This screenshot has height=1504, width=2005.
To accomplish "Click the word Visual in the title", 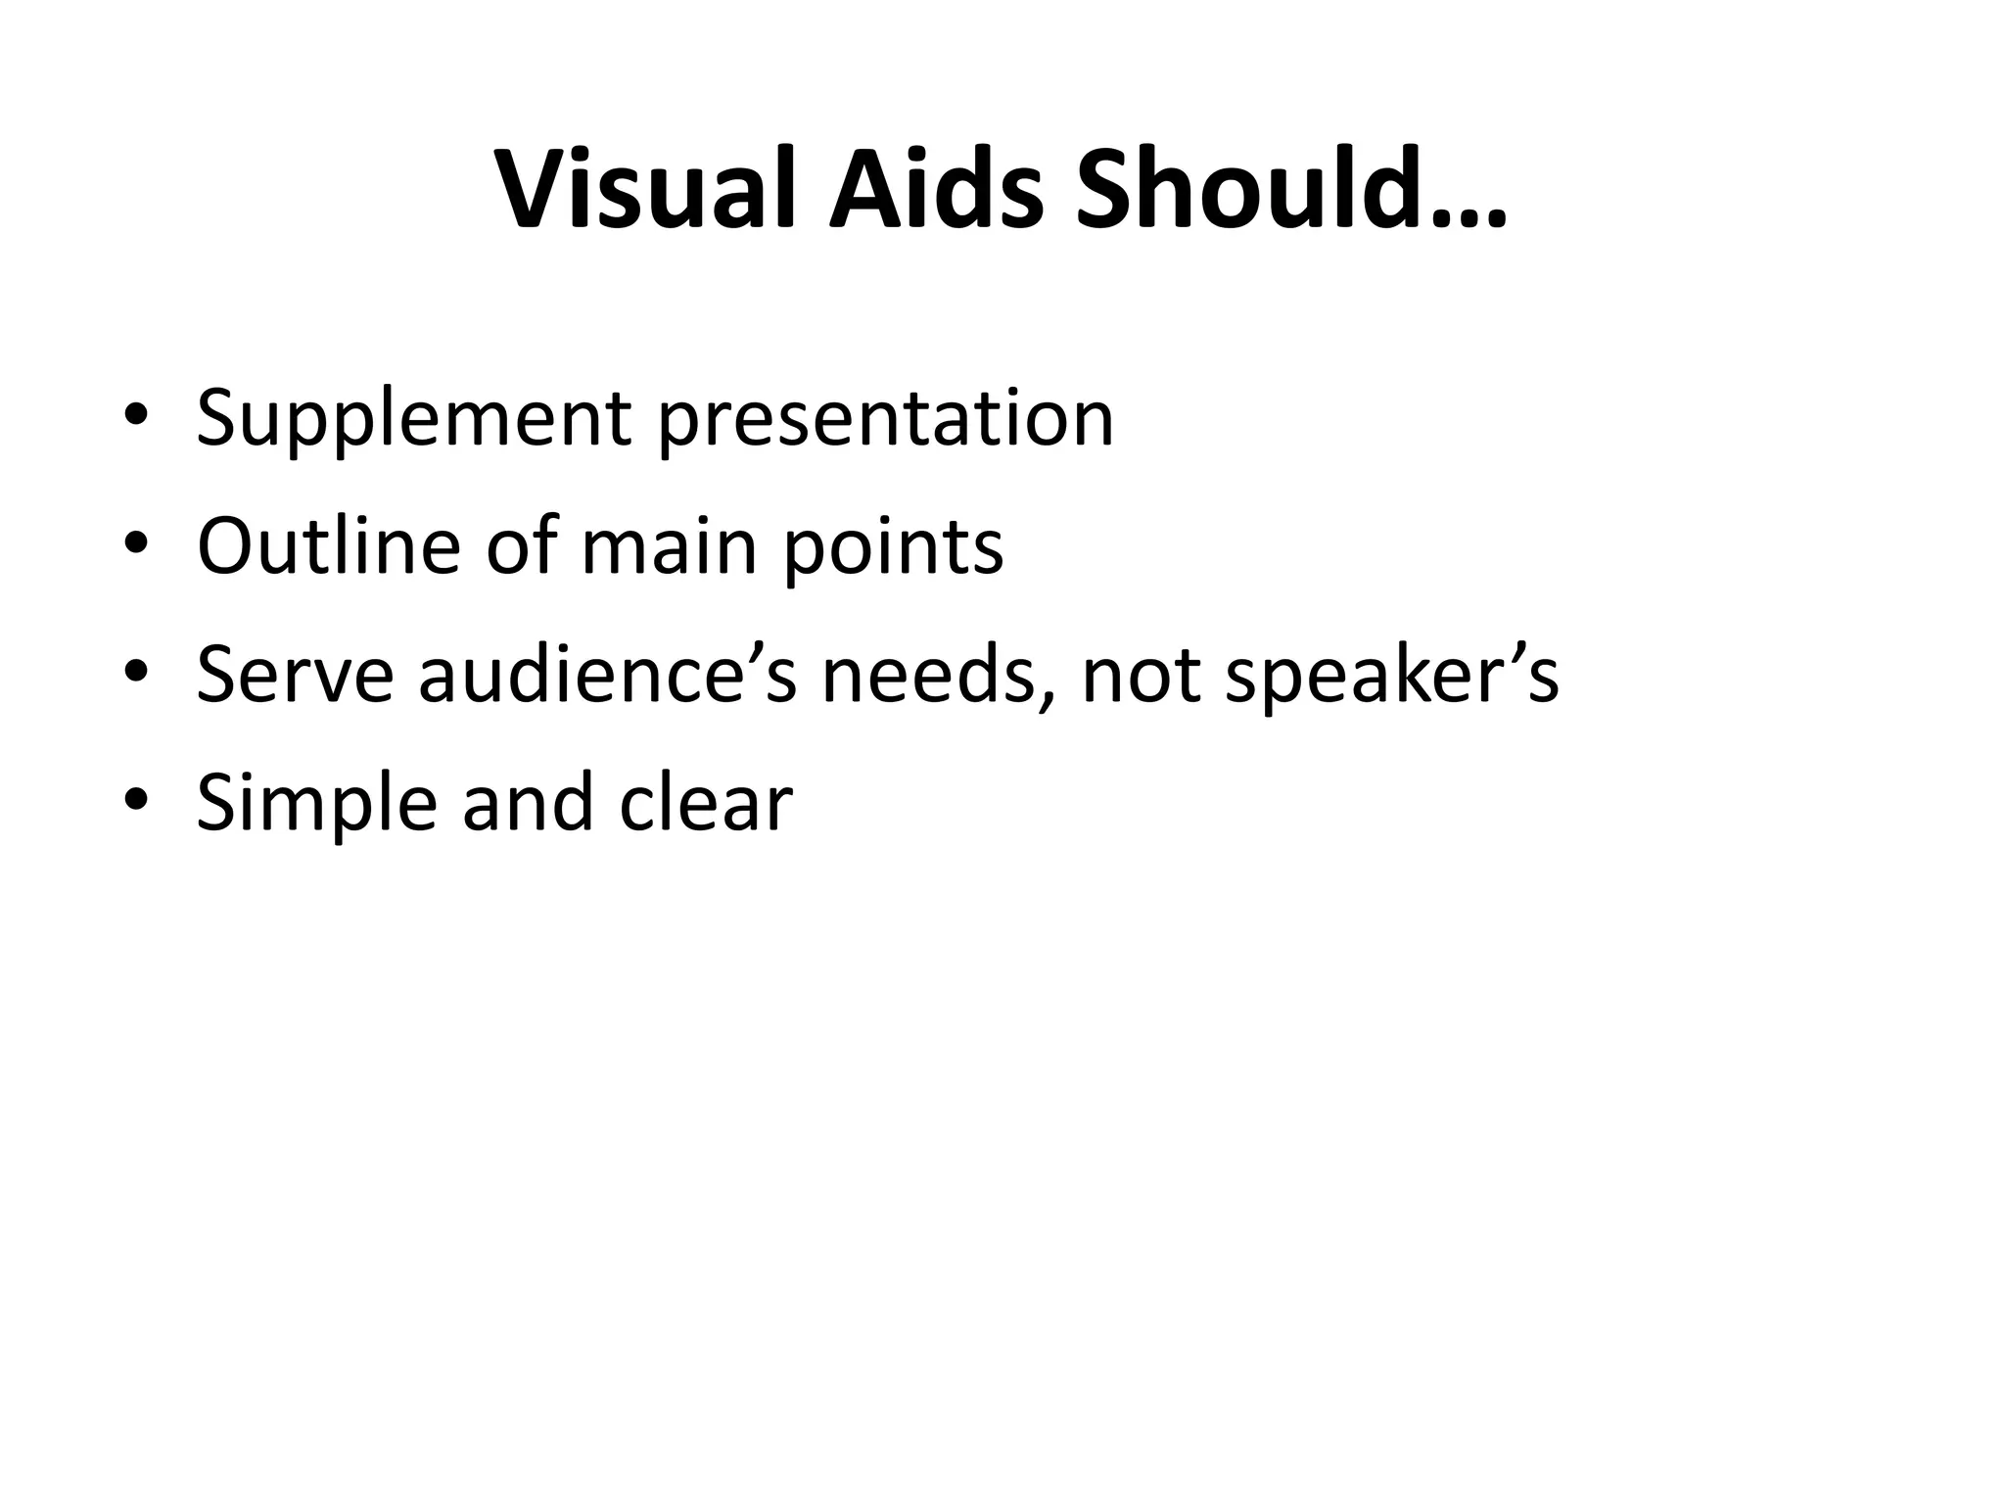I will (x=647, y=190).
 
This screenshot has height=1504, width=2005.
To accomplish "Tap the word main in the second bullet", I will (x=669, y=546).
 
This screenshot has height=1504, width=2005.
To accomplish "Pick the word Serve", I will (x=295, y=676).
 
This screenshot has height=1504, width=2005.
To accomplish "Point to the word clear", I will (x=706, y=803).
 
